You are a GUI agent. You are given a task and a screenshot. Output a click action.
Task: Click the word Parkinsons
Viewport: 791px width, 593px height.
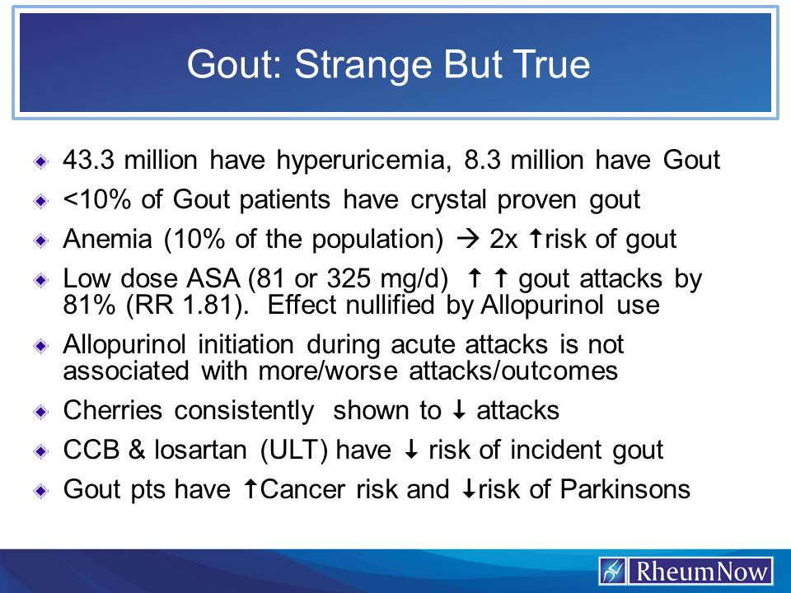tap(624, 490)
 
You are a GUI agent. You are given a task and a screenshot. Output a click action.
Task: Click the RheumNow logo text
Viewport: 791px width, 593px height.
tap(700, 571)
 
